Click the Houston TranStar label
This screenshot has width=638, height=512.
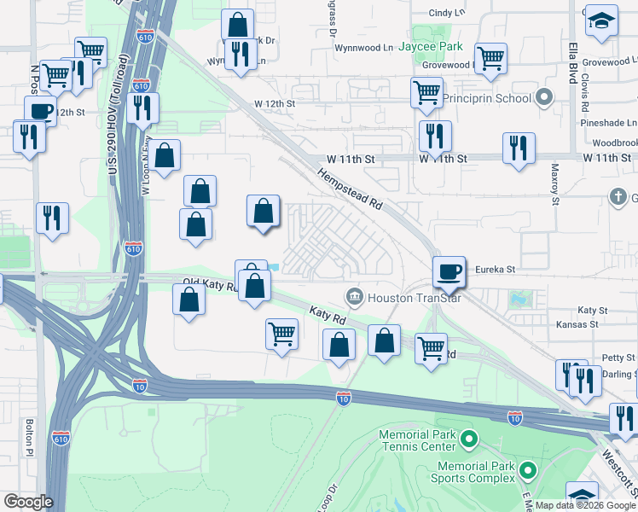pos(401,297)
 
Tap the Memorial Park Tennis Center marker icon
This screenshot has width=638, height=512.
pos(467,440)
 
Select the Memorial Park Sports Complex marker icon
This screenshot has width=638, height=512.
pos(528,470)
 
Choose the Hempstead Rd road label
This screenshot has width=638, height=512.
pos(351,189)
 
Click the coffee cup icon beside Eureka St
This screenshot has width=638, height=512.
pos(449,272)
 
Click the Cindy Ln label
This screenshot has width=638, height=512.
pos(447,13)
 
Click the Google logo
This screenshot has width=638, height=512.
pos(28,502)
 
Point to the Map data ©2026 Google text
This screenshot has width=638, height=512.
pos(585,505)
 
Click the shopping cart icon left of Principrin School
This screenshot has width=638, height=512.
pos(426,91)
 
